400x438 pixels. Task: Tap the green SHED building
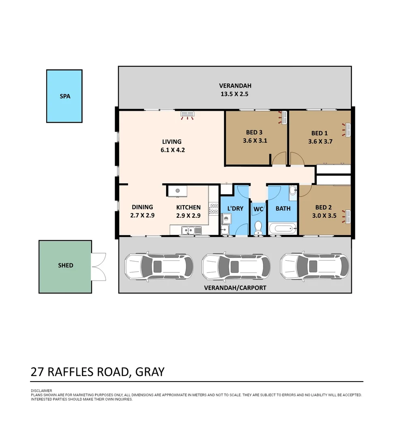coord(65,266)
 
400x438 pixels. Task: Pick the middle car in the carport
coord(236,266)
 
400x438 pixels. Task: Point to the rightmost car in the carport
coord(314,266)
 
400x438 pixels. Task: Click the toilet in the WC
coord(258,227)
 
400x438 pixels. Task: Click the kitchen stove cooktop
coord(214,208)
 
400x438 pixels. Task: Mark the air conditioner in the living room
coord(187,114)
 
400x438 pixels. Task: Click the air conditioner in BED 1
coord(347,130)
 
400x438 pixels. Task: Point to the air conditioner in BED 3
coord(284,118)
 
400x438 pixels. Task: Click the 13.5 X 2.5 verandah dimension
coord(235,94)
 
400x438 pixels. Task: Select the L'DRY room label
coord(235,208)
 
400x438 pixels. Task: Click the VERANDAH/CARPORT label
coord(235,288)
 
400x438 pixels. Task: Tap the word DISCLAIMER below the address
coord(41,391)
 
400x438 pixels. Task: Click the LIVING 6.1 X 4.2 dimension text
coord(171,150)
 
